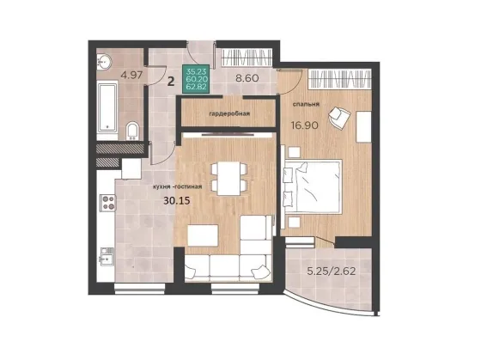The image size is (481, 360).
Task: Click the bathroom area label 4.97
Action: (x=131, y=76)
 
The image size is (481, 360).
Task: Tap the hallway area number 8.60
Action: (x=247, y=78)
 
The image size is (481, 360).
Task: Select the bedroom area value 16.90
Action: (x=304, y=125)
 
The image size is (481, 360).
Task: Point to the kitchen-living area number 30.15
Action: (x=177, y=201)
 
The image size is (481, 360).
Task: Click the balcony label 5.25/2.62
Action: (x=332, y=272)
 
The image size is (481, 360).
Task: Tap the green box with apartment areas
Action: (x=198, y=79)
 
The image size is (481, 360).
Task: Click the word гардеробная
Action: (x=229, y=114)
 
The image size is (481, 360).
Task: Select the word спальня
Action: (x=306, y=104)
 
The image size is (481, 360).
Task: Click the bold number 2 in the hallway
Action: (x=171, y=82)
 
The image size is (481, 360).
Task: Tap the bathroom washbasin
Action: (x=104, y=62)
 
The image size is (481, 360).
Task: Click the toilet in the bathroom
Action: (x=132, y=131)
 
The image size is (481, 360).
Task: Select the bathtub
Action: (x=107, y=108)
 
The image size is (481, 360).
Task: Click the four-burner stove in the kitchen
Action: (x=107, y=203)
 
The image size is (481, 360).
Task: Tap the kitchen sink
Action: (x=107, y=257)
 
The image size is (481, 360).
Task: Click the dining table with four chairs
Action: (x=229, y=179)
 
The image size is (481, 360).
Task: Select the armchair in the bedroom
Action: (x=339, y=116)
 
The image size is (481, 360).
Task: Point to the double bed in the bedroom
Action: (x=313, y=186)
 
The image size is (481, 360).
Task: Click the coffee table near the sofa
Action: (x=203, y=235)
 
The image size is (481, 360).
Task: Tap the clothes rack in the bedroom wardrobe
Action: (x=339, y=78)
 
